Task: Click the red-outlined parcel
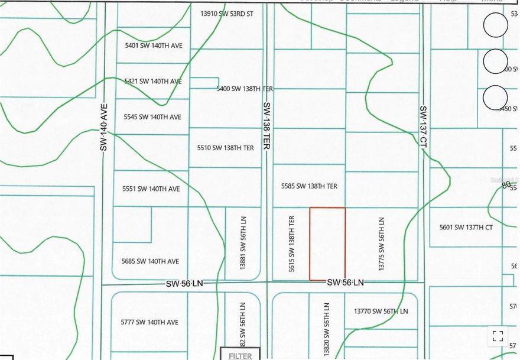[327, 244]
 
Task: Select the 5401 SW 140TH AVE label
[153, 44]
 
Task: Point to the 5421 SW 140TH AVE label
[153, 81]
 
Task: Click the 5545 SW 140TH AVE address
[153, 117]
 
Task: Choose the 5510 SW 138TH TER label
[226, 148]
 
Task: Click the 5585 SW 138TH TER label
[309, 186]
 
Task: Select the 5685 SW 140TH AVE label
[150, 261]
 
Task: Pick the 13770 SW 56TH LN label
[381, 311]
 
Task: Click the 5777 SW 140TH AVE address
[149, 322]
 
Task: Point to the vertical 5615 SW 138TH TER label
[291, 244]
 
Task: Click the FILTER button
[240, 355]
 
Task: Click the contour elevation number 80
[506, 185]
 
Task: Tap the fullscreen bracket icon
[498, 336]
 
